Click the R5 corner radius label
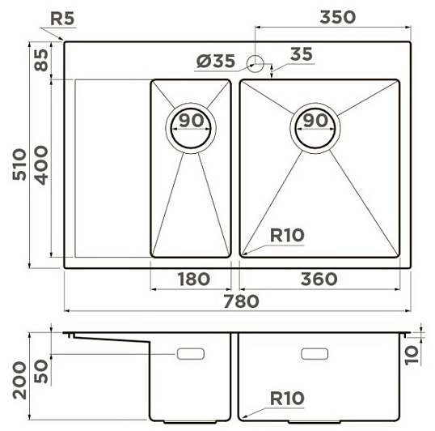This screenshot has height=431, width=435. click(62, 19)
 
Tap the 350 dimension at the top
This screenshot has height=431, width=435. click(338, 17)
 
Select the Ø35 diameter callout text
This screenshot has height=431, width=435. click(216, 61)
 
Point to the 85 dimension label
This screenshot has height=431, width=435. click(42, 60)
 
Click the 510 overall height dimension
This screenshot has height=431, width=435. click(19, 164)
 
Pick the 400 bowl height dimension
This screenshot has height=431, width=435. click(42, 165)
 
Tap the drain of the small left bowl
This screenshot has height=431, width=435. click(191, 128)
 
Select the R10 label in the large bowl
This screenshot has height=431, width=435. click(287, 236)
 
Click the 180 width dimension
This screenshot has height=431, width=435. click(194, 279)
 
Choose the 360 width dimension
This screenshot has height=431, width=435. click(319, 279)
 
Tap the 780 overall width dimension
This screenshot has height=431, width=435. click(242, 301)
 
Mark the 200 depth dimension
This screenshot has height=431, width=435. click(19, 380)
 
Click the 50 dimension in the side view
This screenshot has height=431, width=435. click(42, 371)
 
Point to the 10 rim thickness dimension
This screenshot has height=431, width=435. click(412, 355)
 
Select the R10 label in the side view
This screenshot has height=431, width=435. click(287, 399)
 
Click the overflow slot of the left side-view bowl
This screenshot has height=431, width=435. click(191, 354)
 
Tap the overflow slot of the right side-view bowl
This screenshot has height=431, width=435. click(315, 354)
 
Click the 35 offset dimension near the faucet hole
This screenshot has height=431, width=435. click(302, 54)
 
